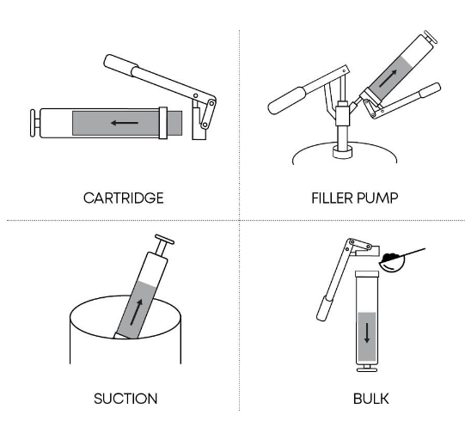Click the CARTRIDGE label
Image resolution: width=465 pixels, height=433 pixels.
(124, 198)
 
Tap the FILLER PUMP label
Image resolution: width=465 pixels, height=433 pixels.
(355, 198)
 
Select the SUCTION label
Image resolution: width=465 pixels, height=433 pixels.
(125, 399)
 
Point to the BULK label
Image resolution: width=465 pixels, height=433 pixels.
(371, 399)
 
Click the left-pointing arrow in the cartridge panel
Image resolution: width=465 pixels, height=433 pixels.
(125, 123)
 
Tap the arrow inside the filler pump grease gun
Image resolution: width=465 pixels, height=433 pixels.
(388, 78)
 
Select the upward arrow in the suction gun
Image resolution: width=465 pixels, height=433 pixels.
(136, 312)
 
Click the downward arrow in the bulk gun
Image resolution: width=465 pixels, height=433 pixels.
(367, 332)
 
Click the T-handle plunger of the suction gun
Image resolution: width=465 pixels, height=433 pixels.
(163, 245)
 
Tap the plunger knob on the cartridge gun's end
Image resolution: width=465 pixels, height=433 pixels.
(35, 123)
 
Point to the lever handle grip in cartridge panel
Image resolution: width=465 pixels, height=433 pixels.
(120, 65)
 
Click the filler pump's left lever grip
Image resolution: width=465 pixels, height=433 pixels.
(286, 101)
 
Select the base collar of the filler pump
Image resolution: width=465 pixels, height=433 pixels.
(343, 152)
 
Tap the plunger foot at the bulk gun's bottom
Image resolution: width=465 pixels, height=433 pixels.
(367, 368)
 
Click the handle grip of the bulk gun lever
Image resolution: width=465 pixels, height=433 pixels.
(324, 308)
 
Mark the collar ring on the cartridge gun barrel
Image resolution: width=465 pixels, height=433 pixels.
(162, 123)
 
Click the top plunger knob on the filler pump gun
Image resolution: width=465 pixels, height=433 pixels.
(430, 37)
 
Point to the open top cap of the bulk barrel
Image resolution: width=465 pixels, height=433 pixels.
(367, 273)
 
